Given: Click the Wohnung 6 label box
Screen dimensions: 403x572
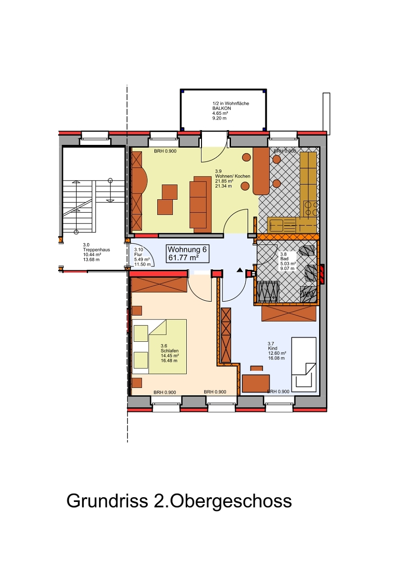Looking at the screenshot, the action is (x=188, y=254).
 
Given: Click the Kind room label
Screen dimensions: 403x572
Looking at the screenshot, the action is (x=272, y=348).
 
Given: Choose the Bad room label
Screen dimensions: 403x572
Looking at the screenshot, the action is (x=284, y=259).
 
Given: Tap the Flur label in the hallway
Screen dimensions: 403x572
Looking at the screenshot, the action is (x=138, y=255).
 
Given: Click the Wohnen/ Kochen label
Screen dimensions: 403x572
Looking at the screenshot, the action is (x=232, y=176).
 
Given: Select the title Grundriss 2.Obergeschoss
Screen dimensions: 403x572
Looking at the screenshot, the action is (x=179, y=501).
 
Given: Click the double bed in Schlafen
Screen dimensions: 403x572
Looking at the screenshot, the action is (x=159, y=347).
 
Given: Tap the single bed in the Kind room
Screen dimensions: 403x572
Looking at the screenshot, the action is (x=304, y=365).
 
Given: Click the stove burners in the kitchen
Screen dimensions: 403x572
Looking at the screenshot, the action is (x=311, y=209).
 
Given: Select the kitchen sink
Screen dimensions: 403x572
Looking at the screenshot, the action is (x=275, y=225).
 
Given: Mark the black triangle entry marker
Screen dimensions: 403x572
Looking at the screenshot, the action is (x=240, y=270).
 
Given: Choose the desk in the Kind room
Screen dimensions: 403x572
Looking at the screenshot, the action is (x=256, y=383).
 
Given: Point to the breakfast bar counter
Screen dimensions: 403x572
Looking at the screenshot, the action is (x=261, y=171).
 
